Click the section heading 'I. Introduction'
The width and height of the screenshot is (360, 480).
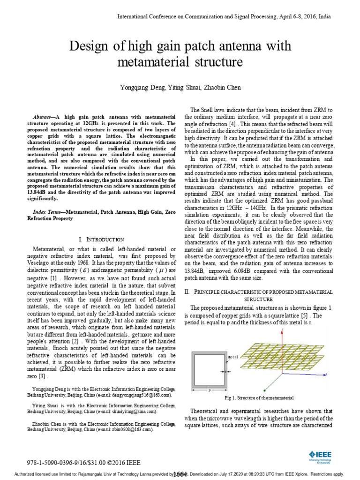(x=102, y=239)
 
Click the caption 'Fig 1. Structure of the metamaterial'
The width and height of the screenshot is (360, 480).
(x=259, y=397)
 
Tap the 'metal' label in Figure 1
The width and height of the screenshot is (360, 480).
(x=233, y=357)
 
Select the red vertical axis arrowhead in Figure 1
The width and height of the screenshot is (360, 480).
(x=283, y=330)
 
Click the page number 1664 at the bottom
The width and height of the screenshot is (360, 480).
(x=180, y=474)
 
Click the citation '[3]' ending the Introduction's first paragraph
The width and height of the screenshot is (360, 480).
(x=44, y=376)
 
